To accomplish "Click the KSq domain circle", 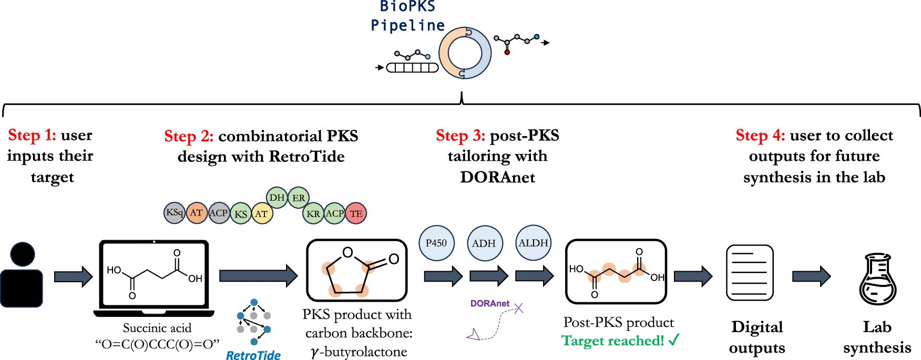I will [x=174, y=213].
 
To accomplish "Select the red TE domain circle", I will [x=356, y=213].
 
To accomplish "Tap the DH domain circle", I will [x=277, y=198].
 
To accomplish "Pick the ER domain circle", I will [x=299, y=198].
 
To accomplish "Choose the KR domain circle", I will [x=313, y=213].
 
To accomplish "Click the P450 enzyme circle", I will [x=436, y=243].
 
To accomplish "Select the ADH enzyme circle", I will [x=484, y=243].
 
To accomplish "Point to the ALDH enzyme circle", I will [x=533, y=243].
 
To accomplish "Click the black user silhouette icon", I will [x=22, y=275].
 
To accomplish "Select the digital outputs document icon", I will [x=750, y=272].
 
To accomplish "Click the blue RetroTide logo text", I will [x=253, y=355].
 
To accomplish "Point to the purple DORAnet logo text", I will [x=489, y=303].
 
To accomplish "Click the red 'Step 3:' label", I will [x=461, y=136].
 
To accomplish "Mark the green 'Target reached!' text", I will [x=613, y=341].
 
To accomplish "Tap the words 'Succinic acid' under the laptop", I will [x=157, y=328].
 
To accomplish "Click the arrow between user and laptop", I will [x=74, y=276].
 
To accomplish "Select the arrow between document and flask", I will [x=811, y=276].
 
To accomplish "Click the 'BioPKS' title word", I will [x=408, y=7].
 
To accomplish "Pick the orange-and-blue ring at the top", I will [x=465, y=53].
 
